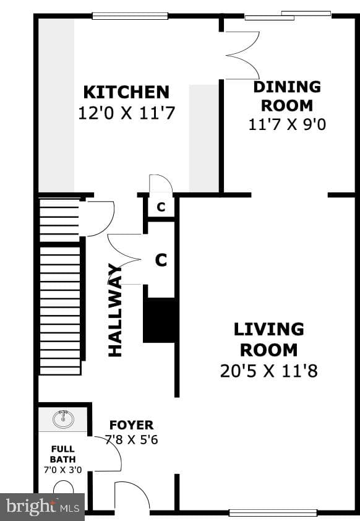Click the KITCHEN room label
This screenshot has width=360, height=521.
pos(126,92)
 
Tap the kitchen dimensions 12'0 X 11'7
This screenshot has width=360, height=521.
pos(126,113)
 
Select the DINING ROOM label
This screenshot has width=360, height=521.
pos(287,96)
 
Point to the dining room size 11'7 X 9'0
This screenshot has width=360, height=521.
pos(287,124)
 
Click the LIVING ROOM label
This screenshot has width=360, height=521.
pos(269,340)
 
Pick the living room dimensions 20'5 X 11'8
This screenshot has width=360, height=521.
pos(269,371)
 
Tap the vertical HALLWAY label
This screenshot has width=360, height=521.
pos(115,310)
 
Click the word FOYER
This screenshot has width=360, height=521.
pos(132,425)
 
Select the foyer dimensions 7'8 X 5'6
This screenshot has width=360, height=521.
pos(132,439)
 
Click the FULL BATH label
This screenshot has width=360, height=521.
pos(62,454)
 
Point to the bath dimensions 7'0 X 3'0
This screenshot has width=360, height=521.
pos(62,470)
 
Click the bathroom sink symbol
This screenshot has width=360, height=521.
pos(63,419)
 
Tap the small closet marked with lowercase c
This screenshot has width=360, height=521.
pos(161,207)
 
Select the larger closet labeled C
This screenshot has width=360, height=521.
pos(161,260)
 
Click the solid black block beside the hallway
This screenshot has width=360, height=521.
pos(159,320)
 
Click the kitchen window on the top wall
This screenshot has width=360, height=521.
pos(130,15)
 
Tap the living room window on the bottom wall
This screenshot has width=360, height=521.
pos(273,513)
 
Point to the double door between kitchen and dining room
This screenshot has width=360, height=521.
pos(242,56)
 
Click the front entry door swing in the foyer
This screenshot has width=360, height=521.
pos(132,496)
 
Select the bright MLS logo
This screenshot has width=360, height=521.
pos(43,507)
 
